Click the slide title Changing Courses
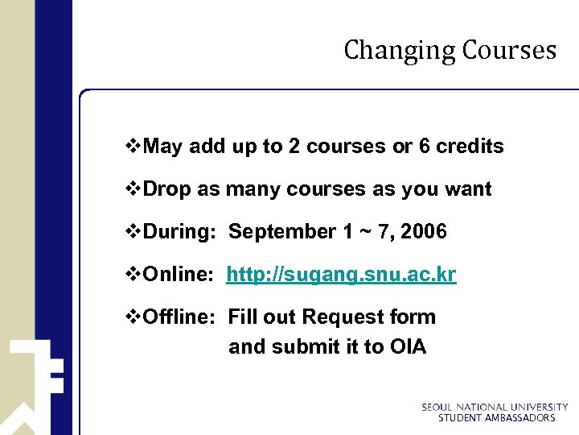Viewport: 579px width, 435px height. tap(450, 50)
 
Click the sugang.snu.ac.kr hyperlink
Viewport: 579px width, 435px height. tap(341, 275)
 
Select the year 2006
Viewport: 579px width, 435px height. tap(423, 232)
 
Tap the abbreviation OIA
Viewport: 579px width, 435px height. tap(408, 347)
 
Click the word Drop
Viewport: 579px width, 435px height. tap(167, 189)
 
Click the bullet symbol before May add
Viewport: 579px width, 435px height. tap(133, 147)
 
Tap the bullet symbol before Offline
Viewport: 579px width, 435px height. tap(133, 317)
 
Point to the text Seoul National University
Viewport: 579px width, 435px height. tap(495, 408)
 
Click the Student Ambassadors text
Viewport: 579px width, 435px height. tap(496, 418)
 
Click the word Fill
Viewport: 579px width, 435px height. tap(242, 317)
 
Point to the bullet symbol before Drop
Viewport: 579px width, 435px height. tap(133, 189)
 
